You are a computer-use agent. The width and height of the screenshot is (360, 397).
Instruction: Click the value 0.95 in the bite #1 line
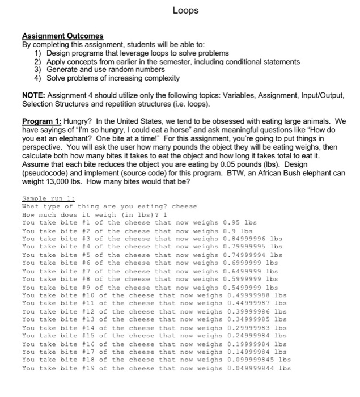[x=234, y=223]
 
